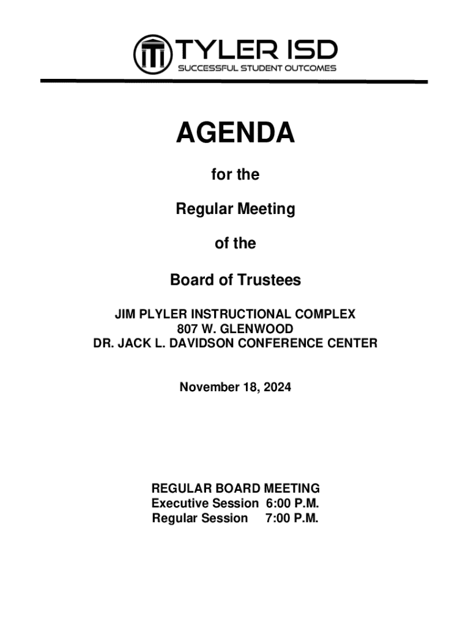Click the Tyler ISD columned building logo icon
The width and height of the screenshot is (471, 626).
tap(151, 53)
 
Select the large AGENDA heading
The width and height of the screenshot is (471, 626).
tap(236, 133)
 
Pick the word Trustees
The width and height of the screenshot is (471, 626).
tap(270, 280)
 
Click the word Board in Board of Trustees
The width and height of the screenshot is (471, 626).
tap(190, 280)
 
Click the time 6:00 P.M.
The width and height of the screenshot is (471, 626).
tap(293, 504)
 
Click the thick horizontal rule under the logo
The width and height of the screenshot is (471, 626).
tap(234, 81)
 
